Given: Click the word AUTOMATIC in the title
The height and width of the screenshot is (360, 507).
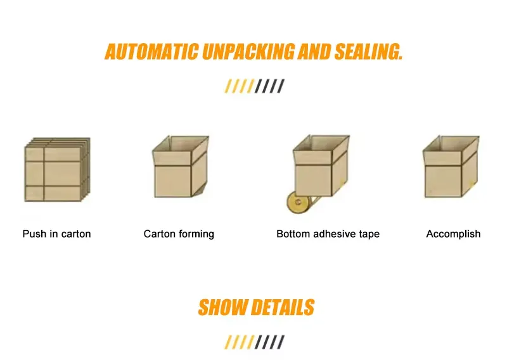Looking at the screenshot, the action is pyautogui.click(x=151, y=52).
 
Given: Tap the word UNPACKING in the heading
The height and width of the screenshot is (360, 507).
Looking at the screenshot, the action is pyautogui.click(x=248, y=52).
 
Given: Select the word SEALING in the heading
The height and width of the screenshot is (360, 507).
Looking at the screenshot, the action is pyautogui.click(x=369, y=52).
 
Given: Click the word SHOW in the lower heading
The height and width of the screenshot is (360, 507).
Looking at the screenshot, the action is pyautogui.click(x=222, y=307).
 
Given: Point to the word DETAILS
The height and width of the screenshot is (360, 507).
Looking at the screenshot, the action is pyautogui.click(x=283, y=307).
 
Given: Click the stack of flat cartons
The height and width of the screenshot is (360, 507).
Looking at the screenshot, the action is pyautogui.click(x=57, y=169).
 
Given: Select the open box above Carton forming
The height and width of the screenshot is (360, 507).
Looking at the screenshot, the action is pyautogui.click(x=181, y=166).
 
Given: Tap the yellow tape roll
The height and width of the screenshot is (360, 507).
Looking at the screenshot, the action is pyautogui.click(x=298, y=202).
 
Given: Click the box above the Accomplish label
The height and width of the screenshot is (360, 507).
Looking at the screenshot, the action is pyautogui.click(x=451, y=166).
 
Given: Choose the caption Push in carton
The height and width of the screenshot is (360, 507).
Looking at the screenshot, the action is pyautogui.click(x=56, y=234).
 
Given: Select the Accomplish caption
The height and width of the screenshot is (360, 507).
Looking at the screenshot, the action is pyautogui.click(x=453, y=234).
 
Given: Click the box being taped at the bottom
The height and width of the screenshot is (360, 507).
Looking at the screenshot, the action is pyautogui.click(x=321, y=165).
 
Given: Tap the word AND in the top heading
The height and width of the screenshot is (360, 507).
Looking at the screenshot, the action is pyautogui.click(x=314, y=52).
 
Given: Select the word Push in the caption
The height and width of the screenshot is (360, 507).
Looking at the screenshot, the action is pyautogui.click(x=34, y=234).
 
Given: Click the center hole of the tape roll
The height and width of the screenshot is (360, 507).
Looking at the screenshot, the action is pyautogui.click(x=298, y=202).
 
